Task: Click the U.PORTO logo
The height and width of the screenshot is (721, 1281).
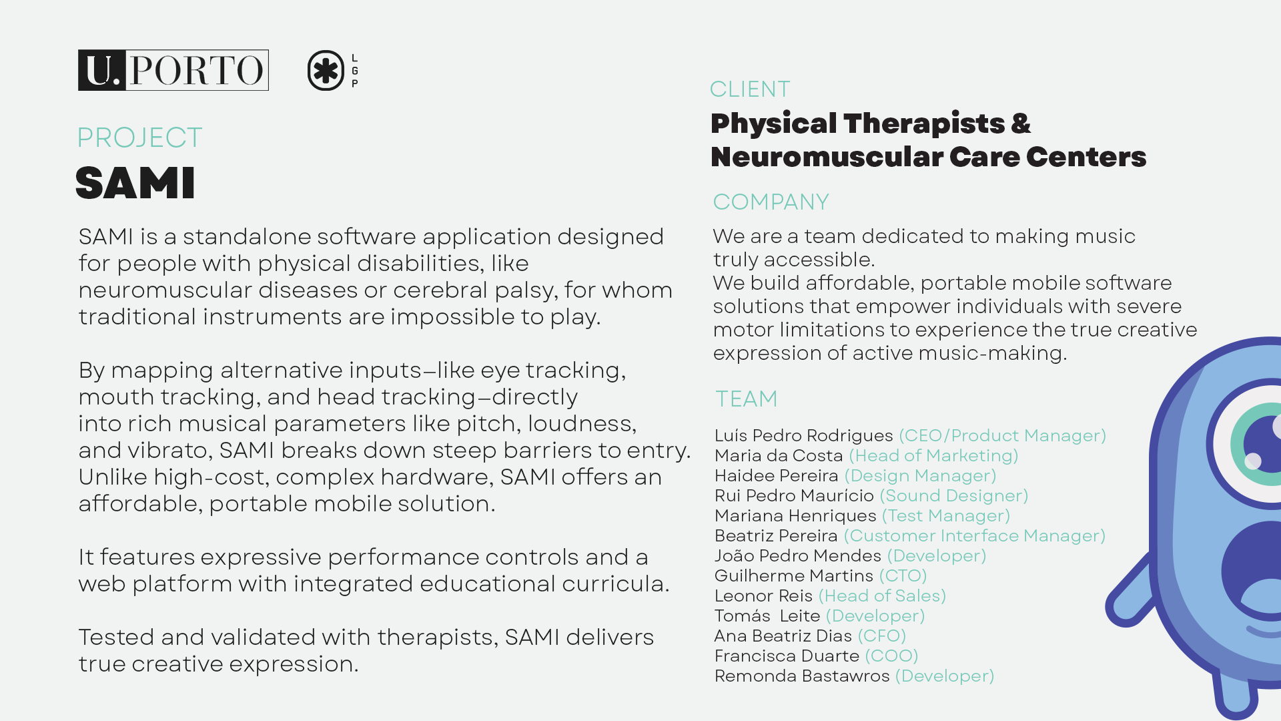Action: tap(173, 70)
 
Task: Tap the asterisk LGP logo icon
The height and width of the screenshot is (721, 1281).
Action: tap(326, 70)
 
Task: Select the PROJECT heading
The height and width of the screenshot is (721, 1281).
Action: tap(139, 138)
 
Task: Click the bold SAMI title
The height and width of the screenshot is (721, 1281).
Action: tap(135, 183)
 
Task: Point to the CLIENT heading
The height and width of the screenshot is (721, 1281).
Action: tap(750, 89)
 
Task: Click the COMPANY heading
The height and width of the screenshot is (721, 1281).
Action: tap(771, 202)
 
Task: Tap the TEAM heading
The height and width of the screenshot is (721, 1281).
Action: tap(747, 399)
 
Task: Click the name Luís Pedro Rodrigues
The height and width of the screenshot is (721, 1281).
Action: tap(803, 435)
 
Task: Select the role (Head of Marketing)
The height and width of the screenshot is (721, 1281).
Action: tap(933, 455)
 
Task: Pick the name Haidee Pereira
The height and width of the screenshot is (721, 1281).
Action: tap(776, 475)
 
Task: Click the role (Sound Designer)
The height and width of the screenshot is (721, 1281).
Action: tap(954, 495)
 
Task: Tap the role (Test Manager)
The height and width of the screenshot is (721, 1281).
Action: tap(946, 515)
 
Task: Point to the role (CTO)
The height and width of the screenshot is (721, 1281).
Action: tap(903, 575)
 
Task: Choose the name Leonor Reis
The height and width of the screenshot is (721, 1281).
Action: tap(763, 595)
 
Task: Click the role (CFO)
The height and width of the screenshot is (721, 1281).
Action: tap(881, 636)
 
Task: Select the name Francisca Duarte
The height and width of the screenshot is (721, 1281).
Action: tap(787, 656)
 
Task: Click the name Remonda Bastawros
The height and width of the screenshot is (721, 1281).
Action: tap(802, 676)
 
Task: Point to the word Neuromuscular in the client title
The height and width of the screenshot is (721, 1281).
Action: tap(827, 157)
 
